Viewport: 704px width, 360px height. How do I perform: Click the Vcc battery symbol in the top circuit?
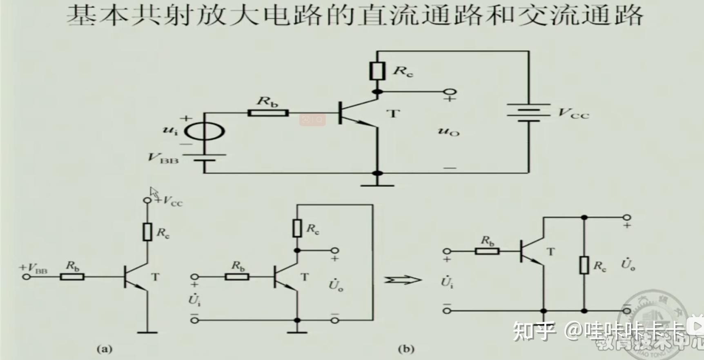coord(529,112)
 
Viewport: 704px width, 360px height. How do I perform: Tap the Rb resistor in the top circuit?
coord(268,113)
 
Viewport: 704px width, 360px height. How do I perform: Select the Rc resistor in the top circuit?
coord(377,71)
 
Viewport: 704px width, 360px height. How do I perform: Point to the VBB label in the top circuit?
coord(163,159)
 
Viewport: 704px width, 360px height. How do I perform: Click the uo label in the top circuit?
coord(448,132)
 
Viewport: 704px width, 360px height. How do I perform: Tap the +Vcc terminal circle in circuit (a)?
coord(147,200)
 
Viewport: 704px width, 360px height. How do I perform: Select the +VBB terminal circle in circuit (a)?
coord(27,277)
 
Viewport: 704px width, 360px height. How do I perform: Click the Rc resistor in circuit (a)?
coord(147,232)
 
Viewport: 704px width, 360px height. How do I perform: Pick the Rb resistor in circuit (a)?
coord(72,277)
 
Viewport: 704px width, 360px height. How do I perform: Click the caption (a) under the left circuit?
coord(105,349)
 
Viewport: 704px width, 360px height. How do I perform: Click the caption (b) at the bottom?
coord(406,349)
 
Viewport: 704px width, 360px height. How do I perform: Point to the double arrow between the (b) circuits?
coord(402,280)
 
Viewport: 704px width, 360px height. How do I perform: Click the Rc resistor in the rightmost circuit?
coord(584,265)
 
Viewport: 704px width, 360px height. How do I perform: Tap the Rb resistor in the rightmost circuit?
coord(487,251)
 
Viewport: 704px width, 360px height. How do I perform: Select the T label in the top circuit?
coord(393,113)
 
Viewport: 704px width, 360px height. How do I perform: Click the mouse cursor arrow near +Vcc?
coord(154,192)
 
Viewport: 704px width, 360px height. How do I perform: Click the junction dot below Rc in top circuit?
coord(377,92)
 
